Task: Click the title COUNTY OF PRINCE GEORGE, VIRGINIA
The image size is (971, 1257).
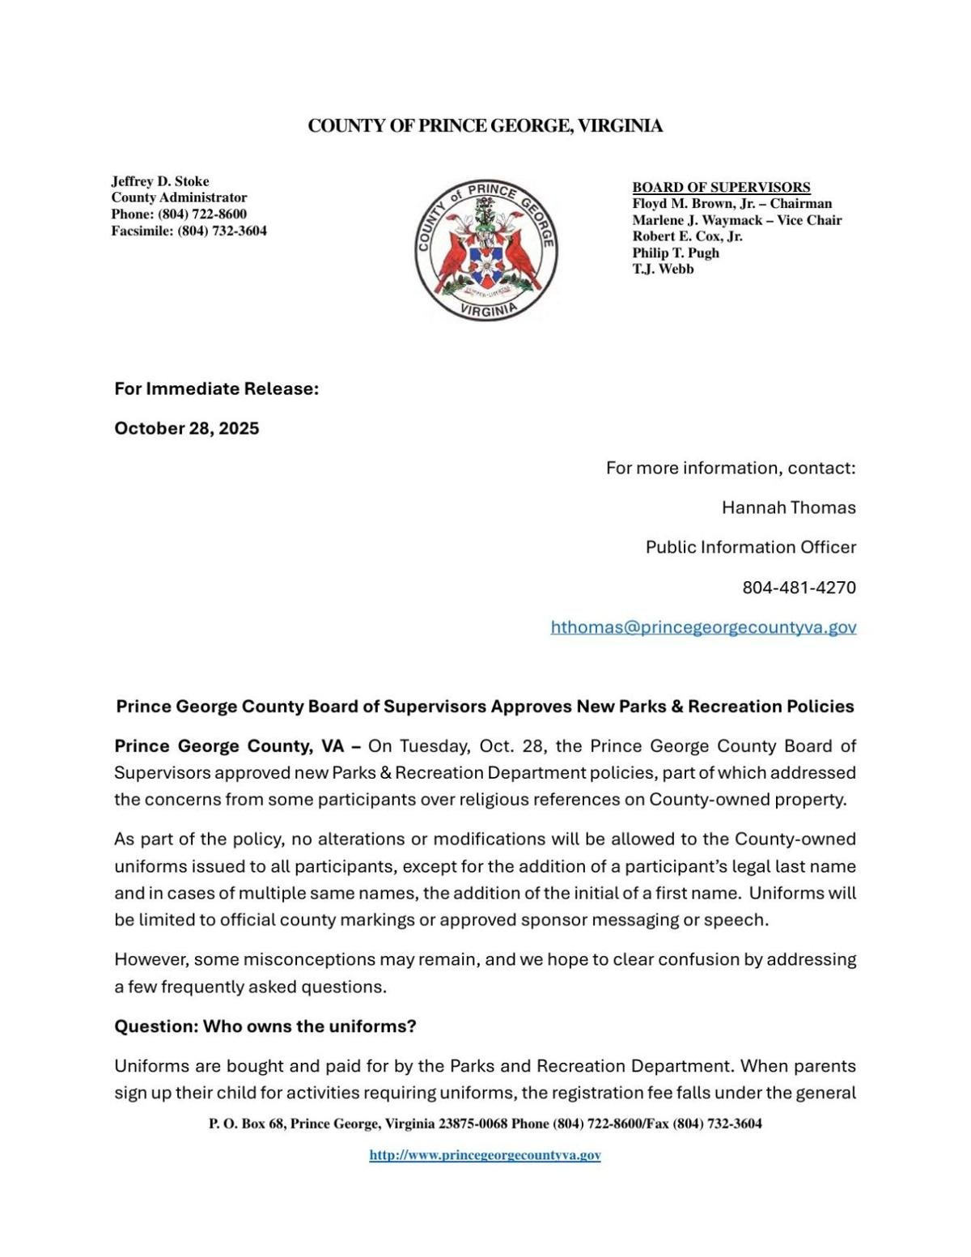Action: tap(485, 125)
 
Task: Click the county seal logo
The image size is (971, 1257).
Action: tap(485, 249)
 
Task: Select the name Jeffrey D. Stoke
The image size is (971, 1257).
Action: tap(160, 181)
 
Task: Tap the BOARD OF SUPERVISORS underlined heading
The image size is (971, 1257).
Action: tap(721, 187)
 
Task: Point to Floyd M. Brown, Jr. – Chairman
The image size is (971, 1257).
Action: tap(731, 203)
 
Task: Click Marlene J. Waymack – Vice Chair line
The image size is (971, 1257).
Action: tap(736, 220)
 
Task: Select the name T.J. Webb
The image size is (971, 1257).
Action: tap(663, 269)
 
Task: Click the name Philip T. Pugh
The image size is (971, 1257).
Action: tap(676, 253)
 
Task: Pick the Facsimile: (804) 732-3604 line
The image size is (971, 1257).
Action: tap(189, 231)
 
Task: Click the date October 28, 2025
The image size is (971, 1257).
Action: tap(187, 428)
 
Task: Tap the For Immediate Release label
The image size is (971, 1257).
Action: tap(216, 389)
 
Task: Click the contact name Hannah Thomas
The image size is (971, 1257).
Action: tap(788, 507)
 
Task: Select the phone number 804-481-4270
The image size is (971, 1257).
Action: tap(799, 587)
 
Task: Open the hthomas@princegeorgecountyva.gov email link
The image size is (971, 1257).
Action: tap(703, 627)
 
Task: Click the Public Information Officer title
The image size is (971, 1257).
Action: tap(750, 547)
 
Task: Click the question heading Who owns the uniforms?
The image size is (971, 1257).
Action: tap(265, 1026)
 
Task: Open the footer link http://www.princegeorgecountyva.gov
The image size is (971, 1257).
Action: tap(485, 1155)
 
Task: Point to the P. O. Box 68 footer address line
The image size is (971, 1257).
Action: tap(485, 1123)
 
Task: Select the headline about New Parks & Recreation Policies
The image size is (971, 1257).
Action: tap(485, 706)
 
